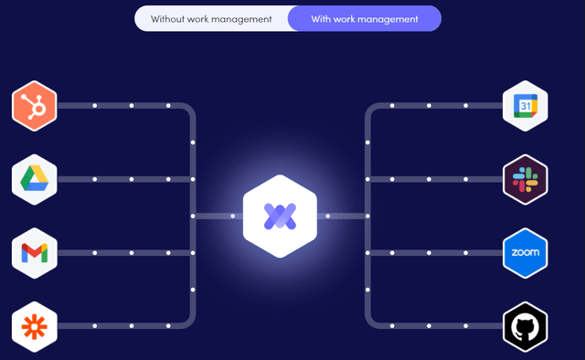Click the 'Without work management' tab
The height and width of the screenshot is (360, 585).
pos(211,18)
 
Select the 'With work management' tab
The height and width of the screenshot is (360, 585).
pos(364,18)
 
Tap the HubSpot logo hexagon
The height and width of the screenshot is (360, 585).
pos(35,106)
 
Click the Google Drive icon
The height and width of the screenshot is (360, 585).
pos(35,179)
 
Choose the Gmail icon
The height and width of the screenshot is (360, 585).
pos(35,252)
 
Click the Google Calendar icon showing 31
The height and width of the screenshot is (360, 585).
pos(525,106)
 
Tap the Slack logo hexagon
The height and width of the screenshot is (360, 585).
pos(525,179)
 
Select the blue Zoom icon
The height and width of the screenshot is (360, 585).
pos(525,252)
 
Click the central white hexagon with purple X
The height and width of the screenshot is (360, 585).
pos(279,216)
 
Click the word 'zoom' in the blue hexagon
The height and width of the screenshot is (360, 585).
pos(525,252)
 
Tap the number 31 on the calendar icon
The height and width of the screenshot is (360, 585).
pos(525,107)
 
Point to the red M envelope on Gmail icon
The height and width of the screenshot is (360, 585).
pos(35,252)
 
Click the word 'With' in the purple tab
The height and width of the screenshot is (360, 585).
pos(323,18)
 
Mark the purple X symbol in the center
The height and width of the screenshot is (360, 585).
pos(279,216)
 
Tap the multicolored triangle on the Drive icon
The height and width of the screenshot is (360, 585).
pos(35,179)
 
